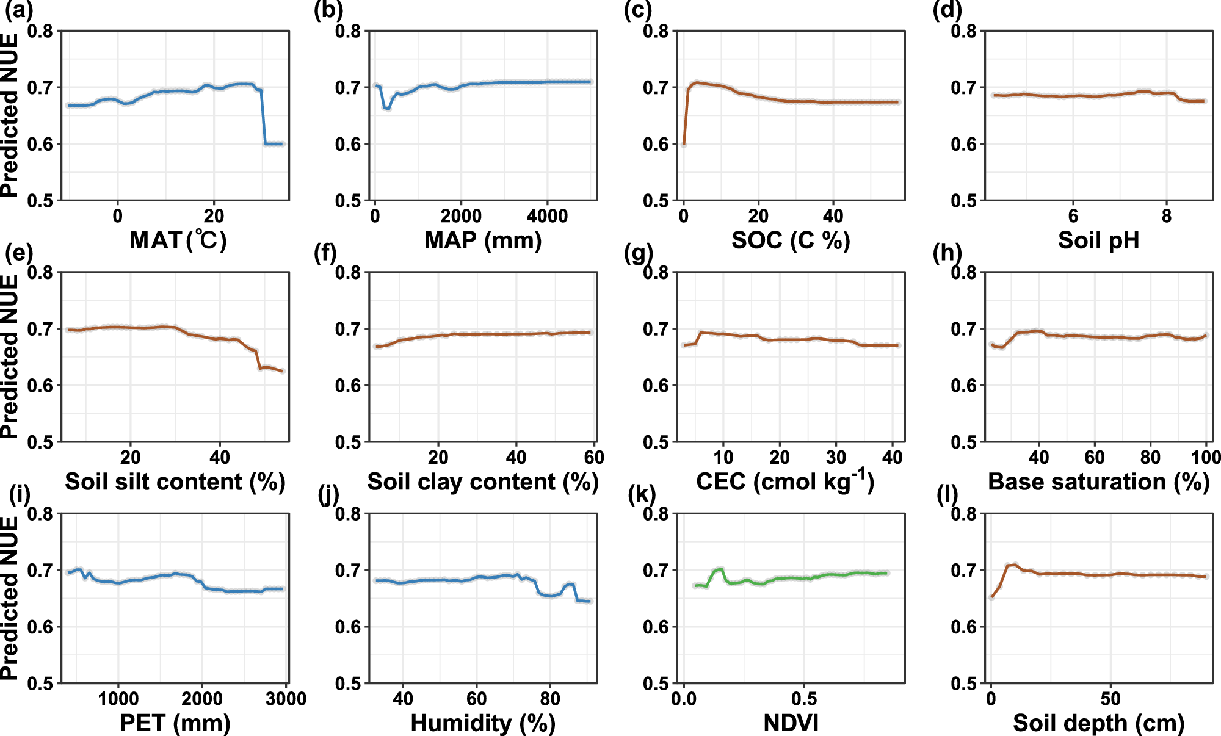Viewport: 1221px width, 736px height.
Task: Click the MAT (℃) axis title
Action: [178, 240]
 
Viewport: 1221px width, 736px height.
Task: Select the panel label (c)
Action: [638, 10]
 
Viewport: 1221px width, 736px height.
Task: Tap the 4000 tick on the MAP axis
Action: [547, 215]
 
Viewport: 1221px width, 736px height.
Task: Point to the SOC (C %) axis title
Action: [791, 240]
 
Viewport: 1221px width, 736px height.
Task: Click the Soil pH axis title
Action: [1098, 240]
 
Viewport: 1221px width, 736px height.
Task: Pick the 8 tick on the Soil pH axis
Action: [1167, 215]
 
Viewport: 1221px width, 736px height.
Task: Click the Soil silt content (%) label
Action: [175, 482]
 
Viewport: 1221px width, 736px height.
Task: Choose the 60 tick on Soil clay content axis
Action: [593, 457]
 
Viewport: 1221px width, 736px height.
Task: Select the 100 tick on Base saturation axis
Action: [1206, 457]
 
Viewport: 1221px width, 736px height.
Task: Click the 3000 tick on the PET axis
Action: [286, 699]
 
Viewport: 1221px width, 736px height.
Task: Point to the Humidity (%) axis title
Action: [483, 723]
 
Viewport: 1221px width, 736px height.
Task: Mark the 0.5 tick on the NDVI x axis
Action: [804, 699]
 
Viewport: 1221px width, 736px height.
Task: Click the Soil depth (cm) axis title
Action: [1098, 723]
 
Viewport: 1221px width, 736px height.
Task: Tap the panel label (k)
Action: [642, 494]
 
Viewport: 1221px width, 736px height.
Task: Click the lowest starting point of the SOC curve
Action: [684, 144]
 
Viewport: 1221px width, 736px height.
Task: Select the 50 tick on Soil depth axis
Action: [1110, 699]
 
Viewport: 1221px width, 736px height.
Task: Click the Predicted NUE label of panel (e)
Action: [10, 356]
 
